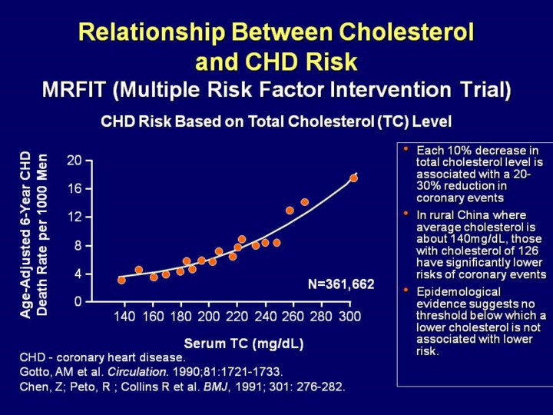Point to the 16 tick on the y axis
(x=74, y=188)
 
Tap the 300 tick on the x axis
(x=350, y=317)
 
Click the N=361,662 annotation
(x=341, y=284)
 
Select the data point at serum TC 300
(x=354, y=178)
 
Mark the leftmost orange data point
(x=121, y=280)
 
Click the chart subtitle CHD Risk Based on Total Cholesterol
(x=276, y=121)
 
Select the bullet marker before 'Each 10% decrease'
(x=406, y=148)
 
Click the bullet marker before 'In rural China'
(x=406, y=213)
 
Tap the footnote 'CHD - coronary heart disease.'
(x=102, y=357)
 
